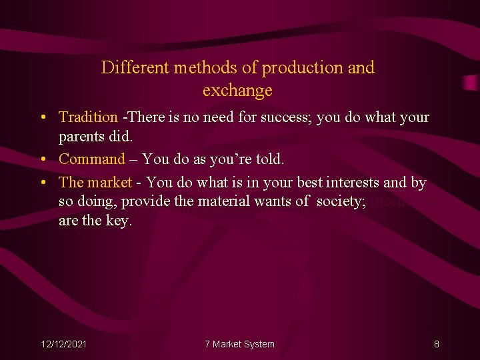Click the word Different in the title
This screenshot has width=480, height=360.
136,68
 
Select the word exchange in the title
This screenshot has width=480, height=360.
237,90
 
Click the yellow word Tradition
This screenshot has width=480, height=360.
88,117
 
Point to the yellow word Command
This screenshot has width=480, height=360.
92,159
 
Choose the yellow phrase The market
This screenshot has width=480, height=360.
95,182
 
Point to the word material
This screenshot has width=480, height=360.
223,201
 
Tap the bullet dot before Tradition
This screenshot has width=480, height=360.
42,118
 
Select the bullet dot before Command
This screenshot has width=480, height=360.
42,160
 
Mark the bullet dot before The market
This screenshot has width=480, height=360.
42,183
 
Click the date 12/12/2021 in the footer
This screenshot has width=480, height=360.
64,344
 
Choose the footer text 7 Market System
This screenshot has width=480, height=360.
239,344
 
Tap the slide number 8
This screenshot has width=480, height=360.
436,344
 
